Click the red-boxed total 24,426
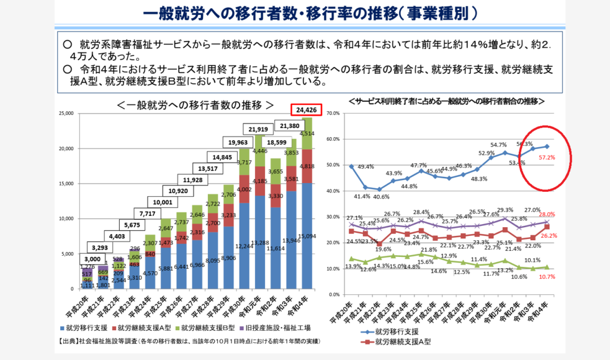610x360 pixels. tap(306, 110)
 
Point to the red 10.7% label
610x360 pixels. tap(547, 277)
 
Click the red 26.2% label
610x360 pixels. tap(549, 235)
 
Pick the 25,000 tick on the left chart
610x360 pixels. tap(65, 113)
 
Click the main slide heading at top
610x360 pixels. tap(304, 14)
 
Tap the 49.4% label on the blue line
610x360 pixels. tap(365, 167)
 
